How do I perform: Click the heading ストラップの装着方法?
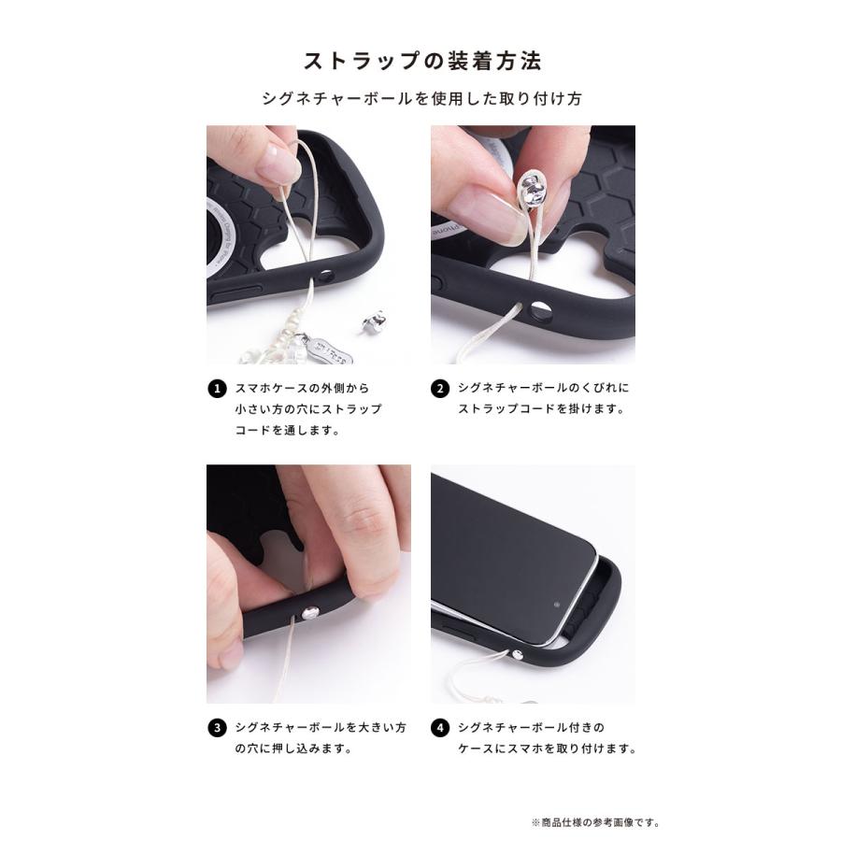[x=420, y=62]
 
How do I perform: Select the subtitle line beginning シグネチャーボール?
[x=420, y=98]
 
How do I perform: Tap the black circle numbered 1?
[x=217, y=388]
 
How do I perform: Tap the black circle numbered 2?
[x=441, y=388]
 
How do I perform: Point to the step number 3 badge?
[x=217, y=726]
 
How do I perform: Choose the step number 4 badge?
[x=441, y=726]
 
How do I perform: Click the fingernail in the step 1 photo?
[x=276, y=165]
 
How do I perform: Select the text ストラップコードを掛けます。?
[x=540, y=409]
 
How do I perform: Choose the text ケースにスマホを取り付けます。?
[x=547, y=748]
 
